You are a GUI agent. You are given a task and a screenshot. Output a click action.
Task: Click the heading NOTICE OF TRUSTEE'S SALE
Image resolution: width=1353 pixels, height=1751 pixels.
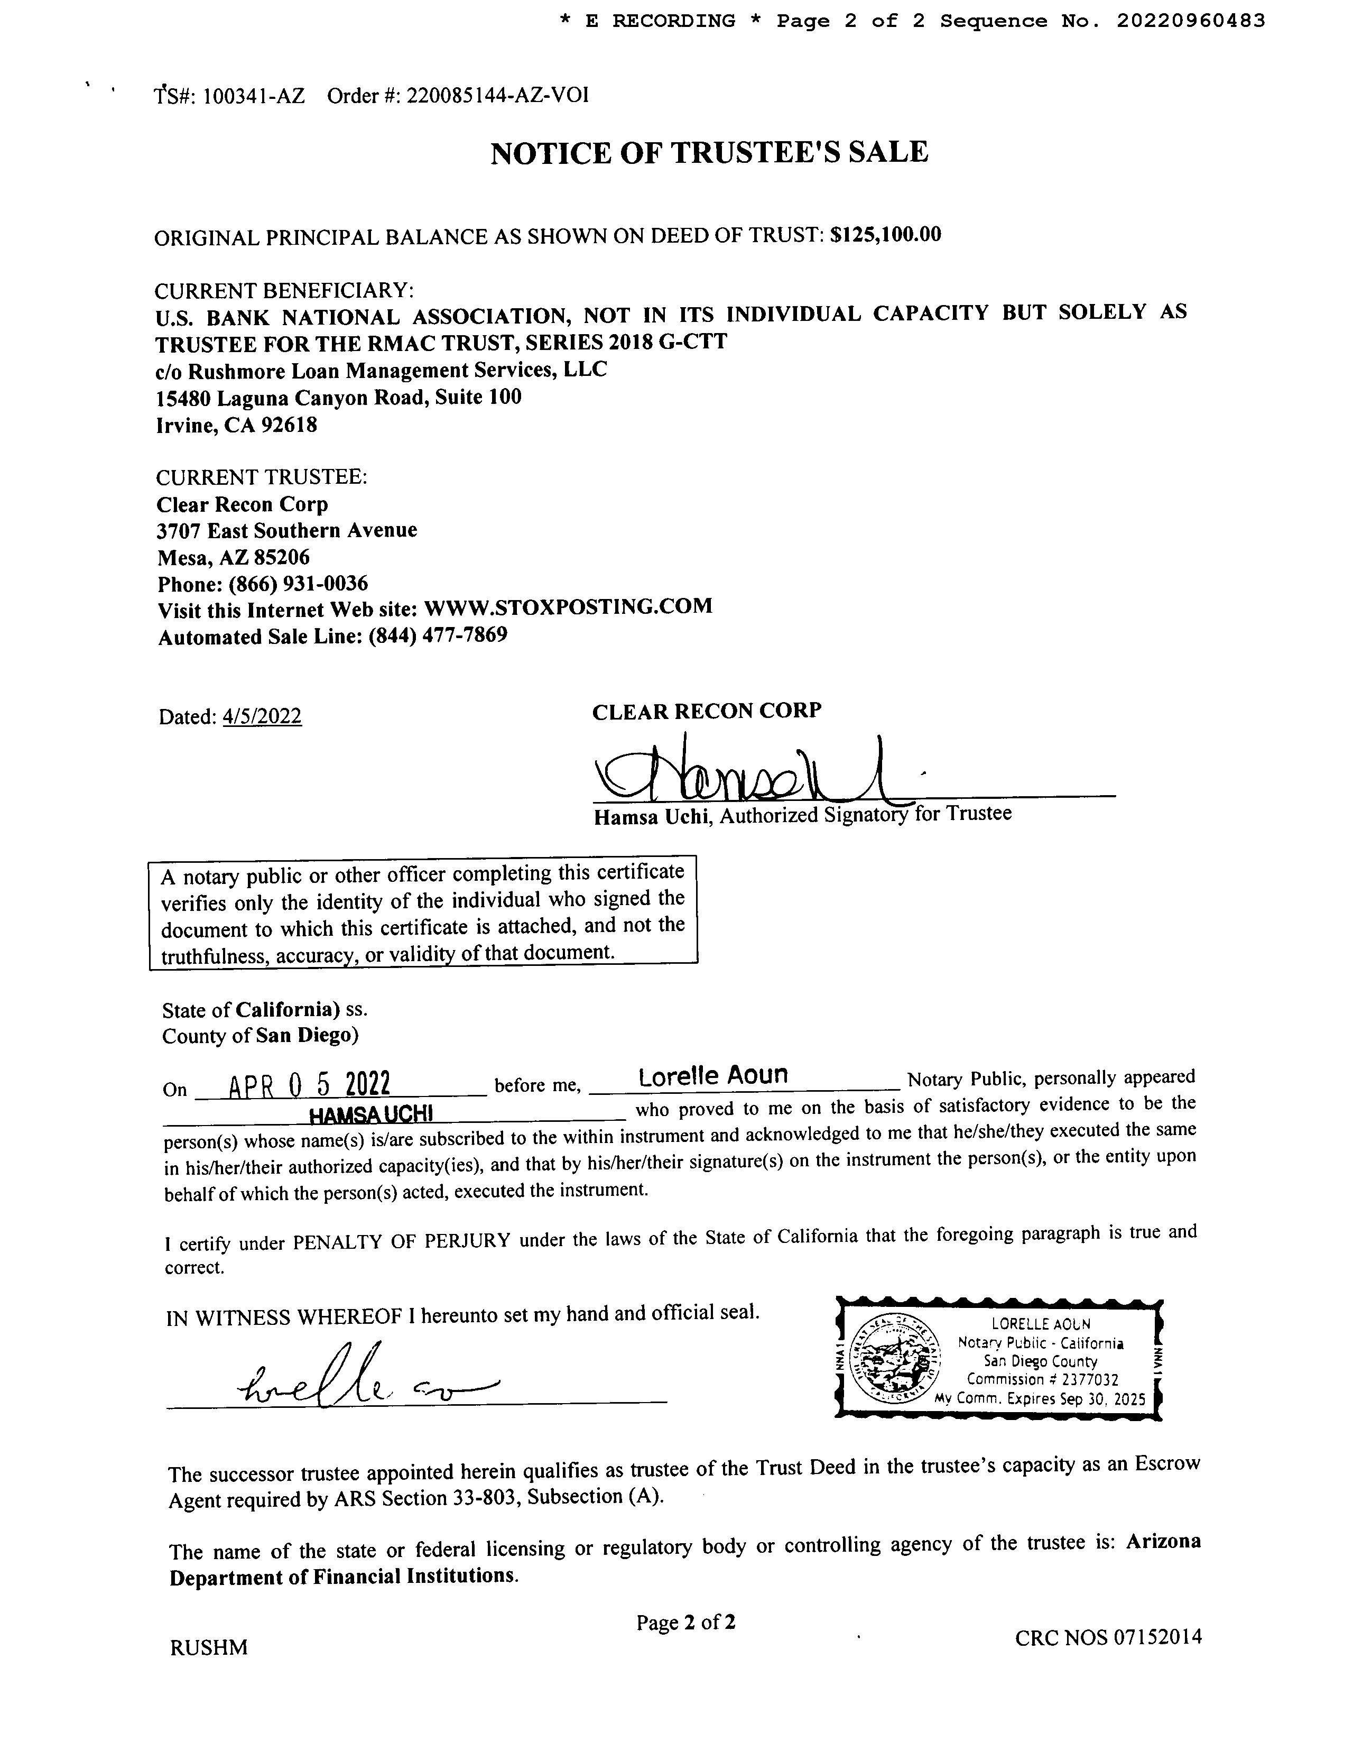709,152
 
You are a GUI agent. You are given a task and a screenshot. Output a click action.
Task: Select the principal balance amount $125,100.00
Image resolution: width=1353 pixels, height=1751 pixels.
886,235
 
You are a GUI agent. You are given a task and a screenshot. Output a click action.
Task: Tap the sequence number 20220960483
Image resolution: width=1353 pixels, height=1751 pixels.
1190,21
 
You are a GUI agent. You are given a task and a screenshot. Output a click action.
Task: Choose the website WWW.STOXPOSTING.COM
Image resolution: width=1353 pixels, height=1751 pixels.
568,607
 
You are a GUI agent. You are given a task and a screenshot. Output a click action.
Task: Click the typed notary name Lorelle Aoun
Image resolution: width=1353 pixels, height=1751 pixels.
713,1076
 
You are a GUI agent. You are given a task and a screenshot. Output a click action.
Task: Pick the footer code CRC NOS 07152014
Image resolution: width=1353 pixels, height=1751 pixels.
1108,1637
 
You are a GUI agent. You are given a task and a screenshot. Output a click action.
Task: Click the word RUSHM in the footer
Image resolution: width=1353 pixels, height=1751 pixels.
208,1647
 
